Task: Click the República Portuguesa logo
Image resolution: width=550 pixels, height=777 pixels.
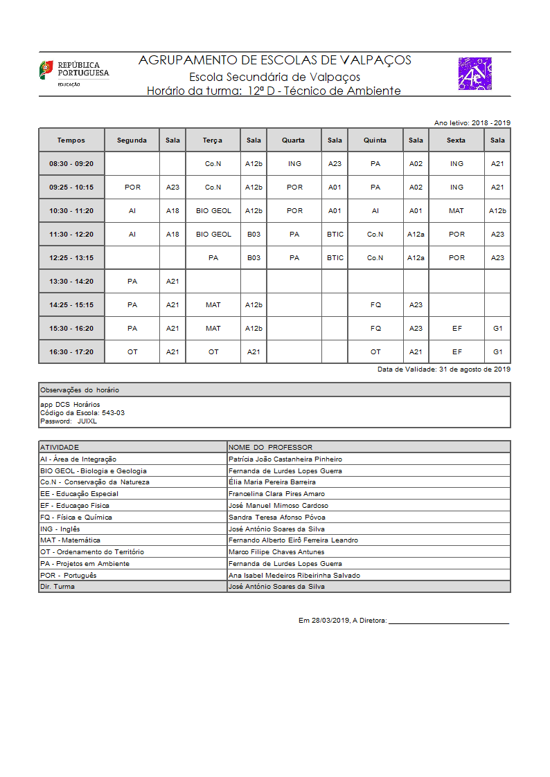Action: (73, 73)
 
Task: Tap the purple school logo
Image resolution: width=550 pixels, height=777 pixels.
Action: (474, 74)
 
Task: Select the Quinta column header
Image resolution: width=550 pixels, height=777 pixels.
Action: (375, 140)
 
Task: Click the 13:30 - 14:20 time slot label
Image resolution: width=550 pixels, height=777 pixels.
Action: (71, 282)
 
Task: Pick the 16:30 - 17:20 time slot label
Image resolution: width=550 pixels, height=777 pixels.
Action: (71, 351)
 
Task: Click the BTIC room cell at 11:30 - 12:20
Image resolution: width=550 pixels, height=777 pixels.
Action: (335, 234)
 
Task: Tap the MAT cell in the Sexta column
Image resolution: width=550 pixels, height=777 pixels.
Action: (456, 210)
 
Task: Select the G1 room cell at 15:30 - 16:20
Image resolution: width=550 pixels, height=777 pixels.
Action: (497, 328)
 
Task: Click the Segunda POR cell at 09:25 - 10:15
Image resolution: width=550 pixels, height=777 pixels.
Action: (132, 187)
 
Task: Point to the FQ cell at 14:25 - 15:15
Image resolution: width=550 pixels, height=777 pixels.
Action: (375, 304)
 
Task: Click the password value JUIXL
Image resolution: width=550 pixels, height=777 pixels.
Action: (87, 421)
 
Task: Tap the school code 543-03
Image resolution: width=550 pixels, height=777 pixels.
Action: (113, 412)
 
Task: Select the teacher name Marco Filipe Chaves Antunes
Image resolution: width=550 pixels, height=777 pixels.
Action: (276, 552)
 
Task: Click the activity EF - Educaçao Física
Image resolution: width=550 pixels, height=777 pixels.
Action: (75, 506)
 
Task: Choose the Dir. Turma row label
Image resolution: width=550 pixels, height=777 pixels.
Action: (57, 587)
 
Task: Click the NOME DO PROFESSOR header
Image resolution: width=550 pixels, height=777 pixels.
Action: (270, 447)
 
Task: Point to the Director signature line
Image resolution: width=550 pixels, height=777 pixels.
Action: (448, 623)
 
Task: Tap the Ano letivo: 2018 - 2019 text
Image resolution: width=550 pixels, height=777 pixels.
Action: (472, 122)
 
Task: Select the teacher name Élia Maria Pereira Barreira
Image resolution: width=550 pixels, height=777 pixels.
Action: (272, 482)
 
